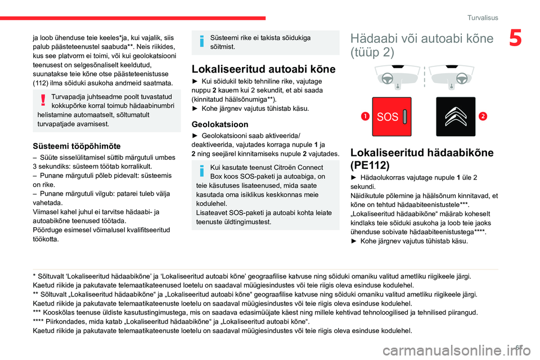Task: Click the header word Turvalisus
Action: [x=483, y=17]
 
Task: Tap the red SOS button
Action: [x=391, y=117]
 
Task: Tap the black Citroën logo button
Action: [x=456, y=117]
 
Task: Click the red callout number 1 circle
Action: [x=365, y=116]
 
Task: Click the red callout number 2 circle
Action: [x=483, y=116]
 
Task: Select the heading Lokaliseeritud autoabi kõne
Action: [x=263, y=69]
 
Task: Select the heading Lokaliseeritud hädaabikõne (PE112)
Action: [x=422, y=159]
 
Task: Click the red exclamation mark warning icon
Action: [x=43, y=100]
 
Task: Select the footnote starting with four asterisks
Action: [x=169, y=321]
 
